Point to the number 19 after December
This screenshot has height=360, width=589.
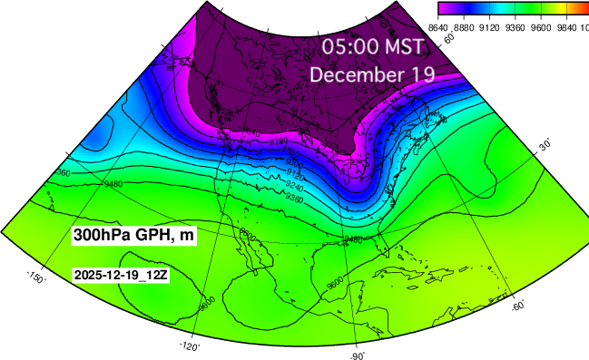pos(420,75)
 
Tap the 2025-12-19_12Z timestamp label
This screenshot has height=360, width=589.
pos(121,275)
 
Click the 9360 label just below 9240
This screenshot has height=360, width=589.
pos(319,195)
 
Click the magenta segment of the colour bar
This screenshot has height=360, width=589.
pos(446,8)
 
